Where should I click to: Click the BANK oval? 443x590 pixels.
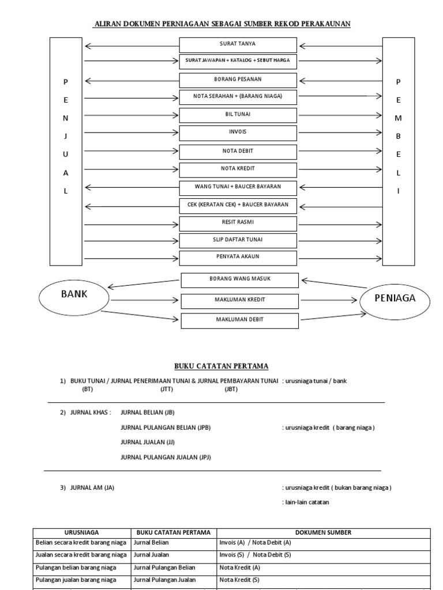click(x=74, y=294)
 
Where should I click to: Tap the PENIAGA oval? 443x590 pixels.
click(x=395, y=298)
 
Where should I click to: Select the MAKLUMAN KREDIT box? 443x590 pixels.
click(x=240, y=300)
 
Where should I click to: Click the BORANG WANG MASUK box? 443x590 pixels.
click(x=240, y=279)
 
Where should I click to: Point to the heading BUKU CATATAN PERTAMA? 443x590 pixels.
click(x=221, y=366)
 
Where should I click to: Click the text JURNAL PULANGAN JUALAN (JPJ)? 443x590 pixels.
click(x=166, y=457)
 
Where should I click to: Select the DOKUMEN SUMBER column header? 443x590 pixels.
click(x=324, y=532)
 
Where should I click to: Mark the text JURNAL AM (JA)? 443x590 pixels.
click(x=92, y=487)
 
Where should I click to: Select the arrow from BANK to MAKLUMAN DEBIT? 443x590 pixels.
click(x=141, y=316)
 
